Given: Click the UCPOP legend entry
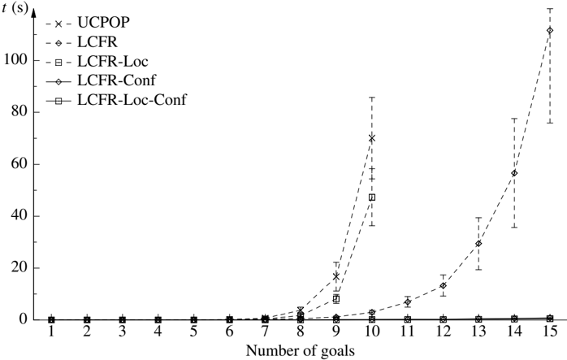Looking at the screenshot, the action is pos(103,23).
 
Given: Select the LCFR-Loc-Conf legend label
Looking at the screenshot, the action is pos(132,99).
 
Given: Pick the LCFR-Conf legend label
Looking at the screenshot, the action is pos(116,80).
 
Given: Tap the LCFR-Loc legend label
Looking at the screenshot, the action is pos(113,62).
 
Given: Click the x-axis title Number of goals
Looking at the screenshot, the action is pos(300,350).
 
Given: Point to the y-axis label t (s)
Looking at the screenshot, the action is pos(15,8).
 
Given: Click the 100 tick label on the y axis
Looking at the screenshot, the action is pos(15,59).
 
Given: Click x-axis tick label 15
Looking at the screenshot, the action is pos(549,332).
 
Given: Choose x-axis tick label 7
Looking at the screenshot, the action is pos(265,332).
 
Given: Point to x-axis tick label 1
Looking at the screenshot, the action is pos(51,332).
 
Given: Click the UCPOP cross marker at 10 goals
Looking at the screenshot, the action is pos(372,138).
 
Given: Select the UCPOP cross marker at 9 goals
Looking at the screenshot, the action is pos(336,276).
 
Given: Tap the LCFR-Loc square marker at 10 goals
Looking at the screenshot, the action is pos(372,197).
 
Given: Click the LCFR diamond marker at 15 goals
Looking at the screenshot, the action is pos(550,31).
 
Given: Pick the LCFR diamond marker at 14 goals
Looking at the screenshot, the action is pos(514,173).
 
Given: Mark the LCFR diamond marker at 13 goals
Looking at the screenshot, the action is pos(478,244).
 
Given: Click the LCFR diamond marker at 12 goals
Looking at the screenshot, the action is pos(443,285).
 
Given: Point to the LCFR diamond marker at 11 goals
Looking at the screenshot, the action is pos(408,301).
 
